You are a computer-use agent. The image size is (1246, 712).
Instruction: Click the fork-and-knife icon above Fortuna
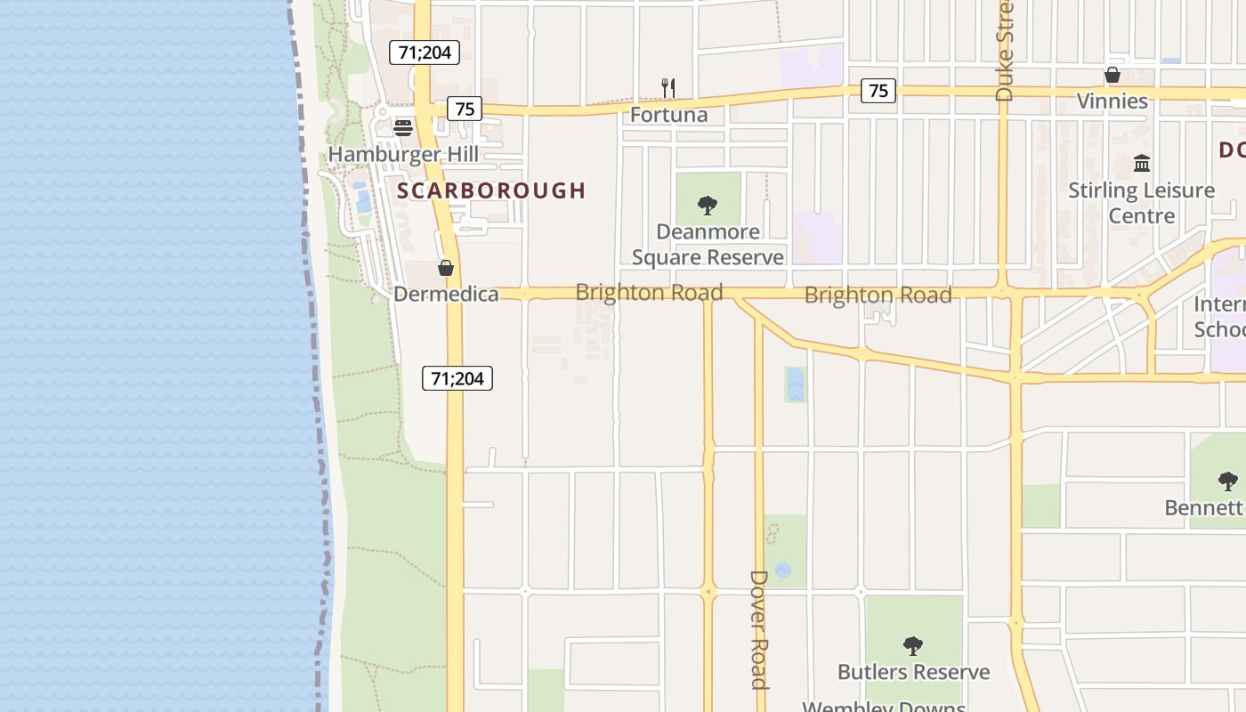click(x=668, y=87)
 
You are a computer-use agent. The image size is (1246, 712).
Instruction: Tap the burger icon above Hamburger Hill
click(x=403, y=128)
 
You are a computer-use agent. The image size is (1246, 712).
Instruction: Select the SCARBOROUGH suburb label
click(x=491, y=190)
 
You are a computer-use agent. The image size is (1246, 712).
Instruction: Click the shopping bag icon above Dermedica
click(x=446, y=268)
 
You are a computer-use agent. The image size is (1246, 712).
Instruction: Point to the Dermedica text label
click(x=446, y=294)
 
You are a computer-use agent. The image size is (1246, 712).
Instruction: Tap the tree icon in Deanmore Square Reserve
click(x=708, y=206)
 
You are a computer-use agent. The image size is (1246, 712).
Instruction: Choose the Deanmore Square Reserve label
click(x=708, y=245)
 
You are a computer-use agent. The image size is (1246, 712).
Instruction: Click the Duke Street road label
click(x=1005, y=52)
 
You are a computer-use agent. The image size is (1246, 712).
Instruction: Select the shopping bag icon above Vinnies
click(x=1112, y=75)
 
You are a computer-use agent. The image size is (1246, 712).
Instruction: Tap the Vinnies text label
click(x=1112, y=101)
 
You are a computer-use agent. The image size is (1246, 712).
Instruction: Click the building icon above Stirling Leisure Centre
click(x=1142, y=164)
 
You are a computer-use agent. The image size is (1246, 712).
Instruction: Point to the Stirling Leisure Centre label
click(x=1142, y=203)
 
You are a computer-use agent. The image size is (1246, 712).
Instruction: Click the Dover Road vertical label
click(x=758, y=629)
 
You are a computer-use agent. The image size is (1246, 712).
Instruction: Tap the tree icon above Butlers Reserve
click(x=912, y=645)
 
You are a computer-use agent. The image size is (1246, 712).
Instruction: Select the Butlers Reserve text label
click(x=914, y=672)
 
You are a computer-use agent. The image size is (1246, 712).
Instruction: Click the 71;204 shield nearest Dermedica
click(x=457, y=378)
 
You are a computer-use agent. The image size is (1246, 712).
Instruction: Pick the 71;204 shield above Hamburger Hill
click(x=425, y=53)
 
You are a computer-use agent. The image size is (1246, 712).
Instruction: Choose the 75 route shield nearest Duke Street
click(x=878, y=90)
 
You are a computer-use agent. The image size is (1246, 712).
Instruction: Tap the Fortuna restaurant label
click(x=669, y=115)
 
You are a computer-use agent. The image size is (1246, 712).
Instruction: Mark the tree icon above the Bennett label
click(x=1228, y=481)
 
